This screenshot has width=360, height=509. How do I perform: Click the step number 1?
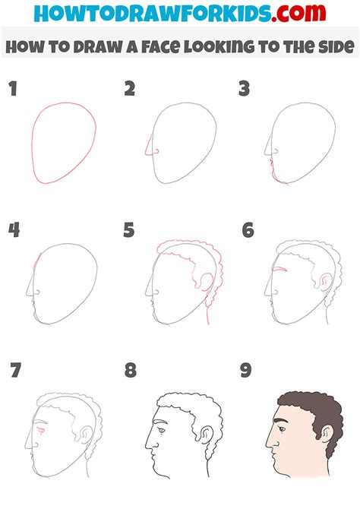[12, 90]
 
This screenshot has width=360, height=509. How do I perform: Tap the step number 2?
[130, 90]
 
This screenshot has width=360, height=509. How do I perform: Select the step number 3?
[245, 90]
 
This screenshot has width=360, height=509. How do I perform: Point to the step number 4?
[13, 229]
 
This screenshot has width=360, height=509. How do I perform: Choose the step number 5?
[130, 229]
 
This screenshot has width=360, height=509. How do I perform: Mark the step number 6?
[247, 229]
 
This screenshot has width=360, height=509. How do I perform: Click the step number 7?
[14, 371]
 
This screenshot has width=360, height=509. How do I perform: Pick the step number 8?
[131, 371]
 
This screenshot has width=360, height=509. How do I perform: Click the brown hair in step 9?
[311, 406]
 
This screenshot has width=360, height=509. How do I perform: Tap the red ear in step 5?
[204, 283]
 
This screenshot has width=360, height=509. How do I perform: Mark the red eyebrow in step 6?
[280, 270]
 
